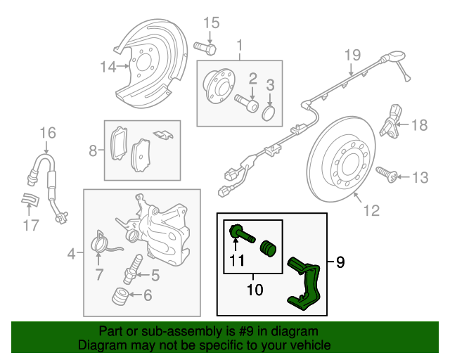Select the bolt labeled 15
click(207, 49)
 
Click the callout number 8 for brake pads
click(93, 150)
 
